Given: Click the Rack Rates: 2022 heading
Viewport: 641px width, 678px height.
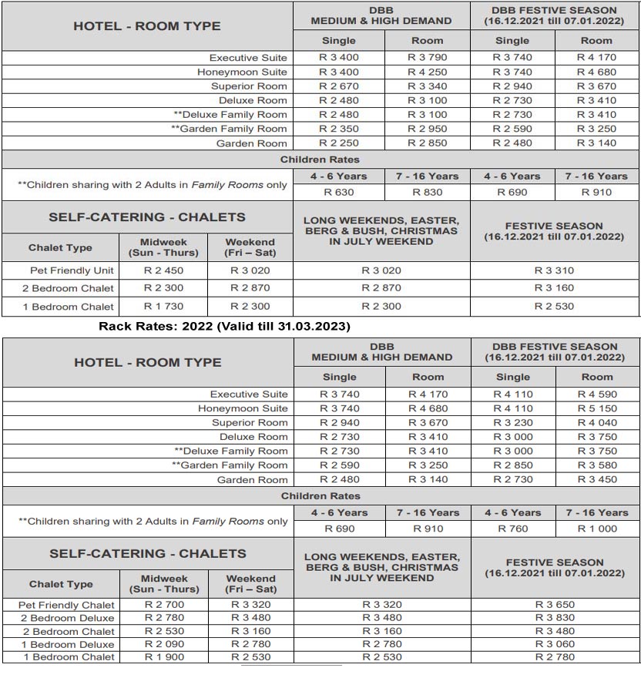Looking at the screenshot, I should [x=224, y=326].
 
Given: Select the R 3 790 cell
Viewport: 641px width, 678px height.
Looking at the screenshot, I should [x=428, y=57].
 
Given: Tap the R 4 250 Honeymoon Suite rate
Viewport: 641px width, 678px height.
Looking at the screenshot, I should [x=428, y=72].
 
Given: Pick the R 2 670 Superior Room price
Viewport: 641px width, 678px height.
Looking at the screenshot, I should [x=339, y=86].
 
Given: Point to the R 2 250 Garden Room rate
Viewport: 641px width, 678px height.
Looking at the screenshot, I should [x=339, y=143].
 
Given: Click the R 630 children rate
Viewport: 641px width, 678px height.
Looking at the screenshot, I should [x=339, y=192].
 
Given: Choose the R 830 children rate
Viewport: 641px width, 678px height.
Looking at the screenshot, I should [x=428, y=192].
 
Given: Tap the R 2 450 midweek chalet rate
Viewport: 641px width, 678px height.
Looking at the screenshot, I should [x=163, y=270].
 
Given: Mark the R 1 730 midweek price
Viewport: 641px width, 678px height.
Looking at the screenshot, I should [x=163, y=307].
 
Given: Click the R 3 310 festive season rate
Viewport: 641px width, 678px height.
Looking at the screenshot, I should [x=555, y=270].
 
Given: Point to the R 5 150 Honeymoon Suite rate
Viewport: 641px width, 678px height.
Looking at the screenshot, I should [x=597, y=408].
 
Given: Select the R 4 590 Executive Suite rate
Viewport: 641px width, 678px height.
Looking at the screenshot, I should [x=597, y=394].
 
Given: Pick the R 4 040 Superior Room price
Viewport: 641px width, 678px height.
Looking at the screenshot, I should [x=597, y=423].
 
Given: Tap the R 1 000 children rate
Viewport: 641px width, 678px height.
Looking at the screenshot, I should [x=597, y=529].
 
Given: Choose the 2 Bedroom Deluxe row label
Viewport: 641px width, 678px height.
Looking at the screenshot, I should [x=68, y=618].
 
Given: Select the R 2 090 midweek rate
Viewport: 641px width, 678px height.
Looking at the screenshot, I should [x=164, y=644].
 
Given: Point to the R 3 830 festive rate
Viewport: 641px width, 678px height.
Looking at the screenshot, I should [x=555, y=618].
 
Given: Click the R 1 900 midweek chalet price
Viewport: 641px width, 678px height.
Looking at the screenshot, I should [x=164, y=657].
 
